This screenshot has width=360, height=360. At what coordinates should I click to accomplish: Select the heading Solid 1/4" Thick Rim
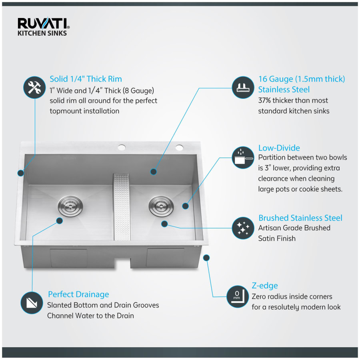point(86,79)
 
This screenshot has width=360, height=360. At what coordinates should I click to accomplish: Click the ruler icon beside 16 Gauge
point(243,88)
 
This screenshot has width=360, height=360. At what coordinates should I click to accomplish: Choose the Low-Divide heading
point(279,148)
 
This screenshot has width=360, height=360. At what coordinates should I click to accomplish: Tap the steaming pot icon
point(243,158)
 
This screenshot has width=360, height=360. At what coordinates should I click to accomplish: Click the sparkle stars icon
point(243,228)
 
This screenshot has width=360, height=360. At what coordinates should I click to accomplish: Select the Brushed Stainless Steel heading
point(300,218)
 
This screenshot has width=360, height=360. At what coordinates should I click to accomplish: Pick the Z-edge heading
point(264,286)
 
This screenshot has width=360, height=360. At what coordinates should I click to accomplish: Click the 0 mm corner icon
point(238,296)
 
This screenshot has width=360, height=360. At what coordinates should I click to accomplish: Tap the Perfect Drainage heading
point(78,294)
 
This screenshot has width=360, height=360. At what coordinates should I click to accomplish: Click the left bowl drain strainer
point(70,206)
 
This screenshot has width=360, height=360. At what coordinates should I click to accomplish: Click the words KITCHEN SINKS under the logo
point(42,33)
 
